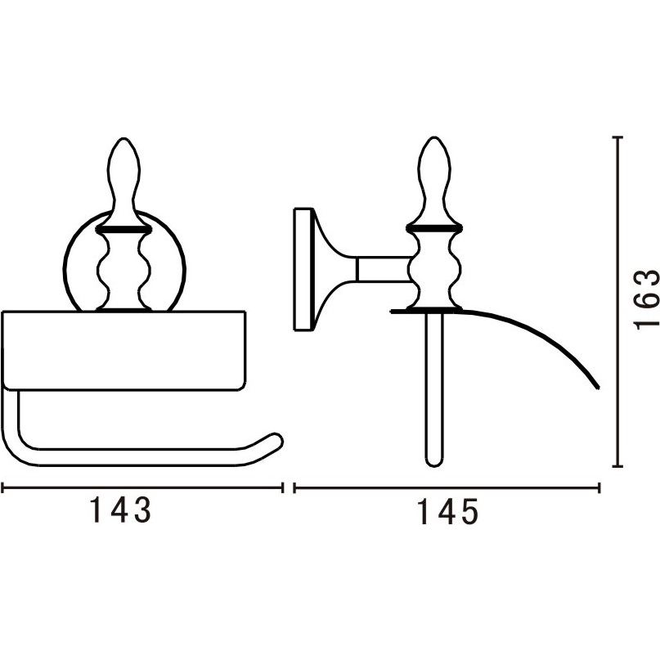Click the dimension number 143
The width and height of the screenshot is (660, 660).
pyautogui.click(x=121, y=510)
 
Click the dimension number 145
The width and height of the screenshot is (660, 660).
pyautogui.click(x=447, y=512)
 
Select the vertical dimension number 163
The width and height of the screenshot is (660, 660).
pyautogui.click(x=647, y=299)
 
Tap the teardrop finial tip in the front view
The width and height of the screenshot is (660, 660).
pyautogui.click(x=123, y=138)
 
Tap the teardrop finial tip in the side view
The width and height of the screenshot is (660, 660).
pyautogui.click(x=434, y=138)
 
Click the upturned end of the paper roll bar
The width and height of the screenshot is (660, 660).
pyautogui.click(x=276, y=439)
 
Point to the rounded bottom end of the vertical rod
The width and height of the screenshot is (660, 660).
pyautogui.click(x=434, y=463)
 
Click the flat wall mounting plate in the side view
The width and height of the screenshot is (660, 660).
pyautogui.click(x=303, y=269)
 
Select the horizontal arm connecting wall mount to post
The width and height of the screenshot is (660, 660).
pyautogui.click(x=382, y=269)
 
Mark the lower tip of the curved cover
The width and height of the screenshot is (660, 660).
pyautogui.click(x=596, y=386)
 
